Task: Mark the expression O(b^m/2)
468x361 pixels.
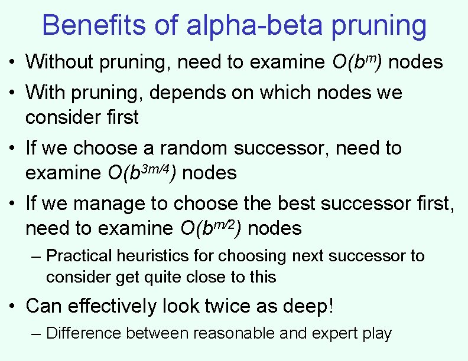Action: point(210,228)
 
